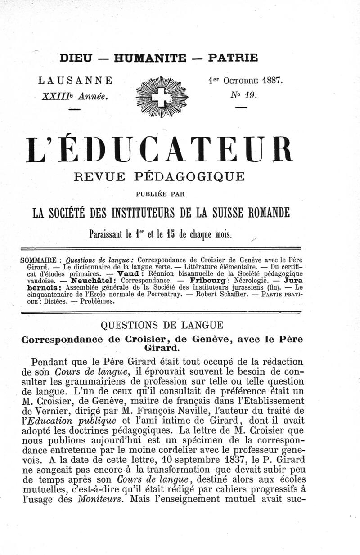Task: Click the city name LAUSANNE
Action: (x=76, y=81)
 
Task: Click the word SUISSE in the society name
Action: (x=241, y=212)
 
